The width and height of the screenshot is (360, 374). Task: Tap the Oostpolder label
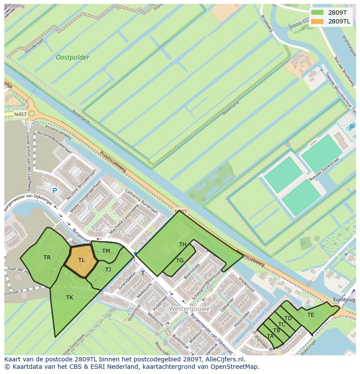click(73, 57)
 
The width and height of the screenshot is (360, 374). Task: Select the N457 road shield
click(20, 114)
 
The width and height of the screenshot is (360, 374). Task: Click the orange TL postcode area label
click(81, 260)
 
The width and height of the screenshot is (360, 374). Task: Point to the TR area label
click(47, 258)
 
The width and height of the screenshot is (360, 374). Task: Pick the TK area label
click(70, 298)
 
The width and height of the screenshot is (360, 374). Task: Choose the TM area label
click(106, 251)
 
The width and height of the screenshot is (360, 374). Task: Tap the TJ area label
click(108, 270)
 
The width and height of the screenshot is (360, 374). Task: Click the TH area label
click(183, 245)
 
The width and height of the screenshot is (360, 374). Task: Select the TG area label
click(180, 261)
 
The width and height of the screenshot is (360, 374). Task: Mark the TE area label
click(310, 315)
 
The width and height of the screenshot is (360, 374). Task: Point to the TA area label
click(270, 336)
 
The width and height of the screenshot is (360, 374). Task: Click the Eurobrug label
click(344, 300)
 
